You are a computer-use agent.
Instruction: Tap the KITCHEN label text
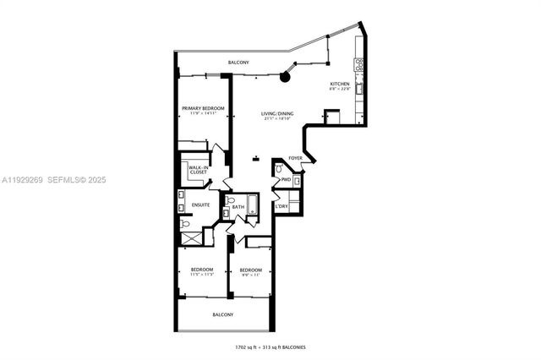coord(340,84)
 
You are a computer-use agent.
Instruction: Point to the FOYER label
coord(295,157)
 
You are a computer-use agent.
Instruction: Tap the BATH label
coord(238,206)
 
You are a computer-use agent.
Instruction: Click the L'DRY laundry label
coord(281,206)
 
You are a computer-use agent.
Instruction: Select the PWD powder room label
coord(286,179)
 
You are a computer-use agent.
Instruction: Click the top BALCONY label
coord(238,63)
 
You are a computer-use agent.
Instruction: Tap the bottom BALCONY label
coord(222,314)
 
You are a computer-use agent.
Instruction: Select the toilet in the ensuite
coord(185,225)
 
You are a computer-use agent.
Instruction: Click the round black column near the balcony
coord(286,77)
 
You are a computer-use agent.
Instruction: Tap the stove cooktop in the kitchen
coord(359,63)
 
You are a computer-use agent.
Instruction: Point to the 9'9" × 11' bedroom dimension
coord(252,275)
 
